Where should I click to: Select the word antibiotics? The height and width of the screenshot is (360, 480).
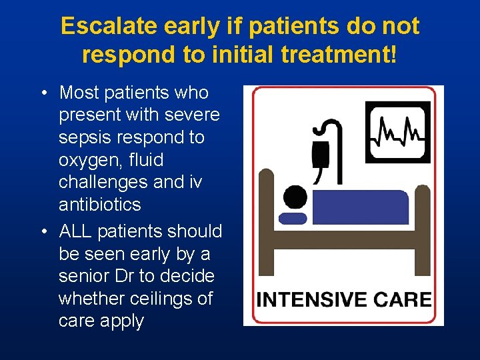click(x=100, y=205)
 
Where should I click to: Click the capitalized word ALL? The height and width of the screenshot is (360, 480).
click(x=75, y=231)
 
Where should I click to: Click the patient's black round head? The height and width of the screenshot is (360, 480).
click(x=294, y=197)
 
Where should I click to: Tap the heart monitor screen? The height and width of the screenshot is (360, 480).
click(x=398, y=131)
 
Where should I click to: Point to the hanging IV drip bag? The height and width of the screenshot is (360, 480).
click(x=321, y=154)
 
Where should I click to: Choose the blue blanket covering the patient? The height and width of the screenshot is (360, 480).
click(x=360, y=207)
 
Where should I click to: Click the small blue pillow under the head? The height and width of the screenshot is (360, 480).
click(x=293, y=218)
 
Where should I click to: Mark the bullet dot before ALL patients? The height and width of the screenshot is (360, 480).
click(x=43, y=232)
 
